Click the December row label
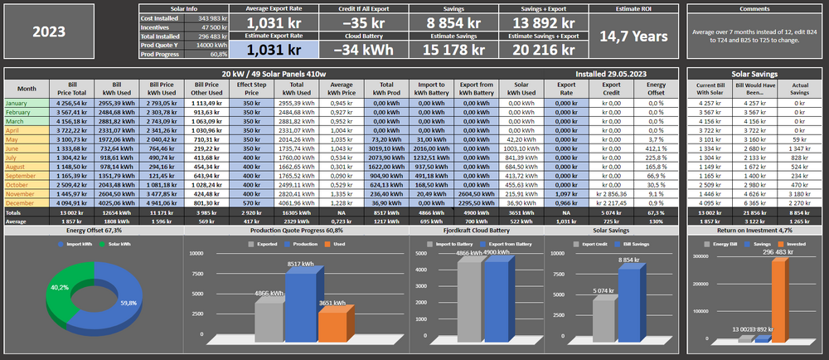pos(22,202)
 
